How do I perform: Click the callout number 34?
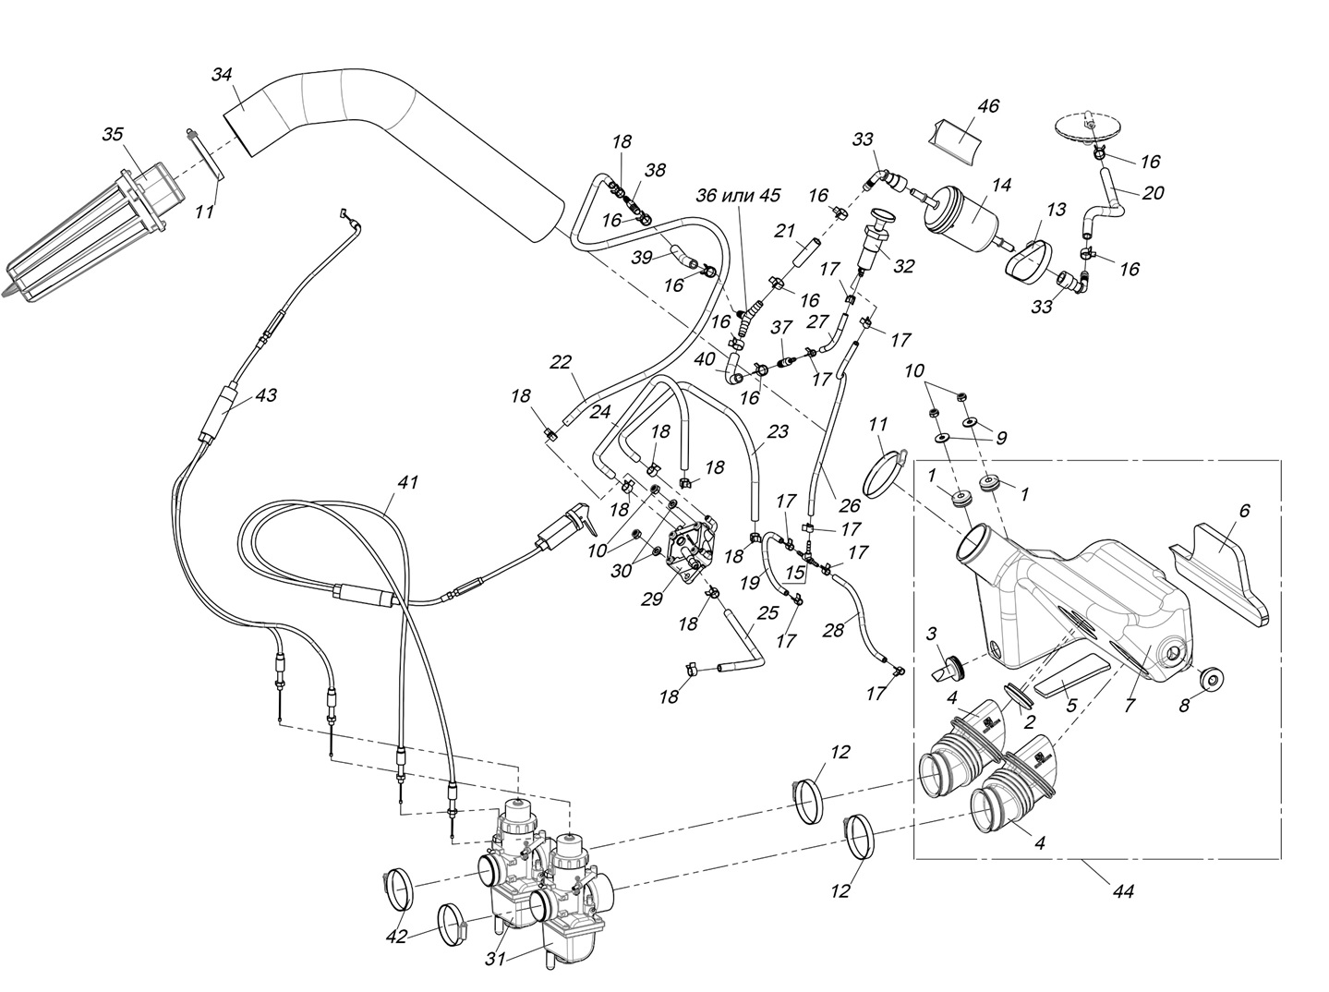[222, 75]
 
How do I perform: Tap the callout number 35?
[112, 135]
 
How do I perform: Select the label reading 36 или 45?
[738, 195]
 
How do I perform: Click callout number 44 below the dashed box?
[1123, 891]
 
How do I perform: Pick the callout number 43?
[266, 394]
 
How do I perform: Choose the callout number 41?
[408, 482]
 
